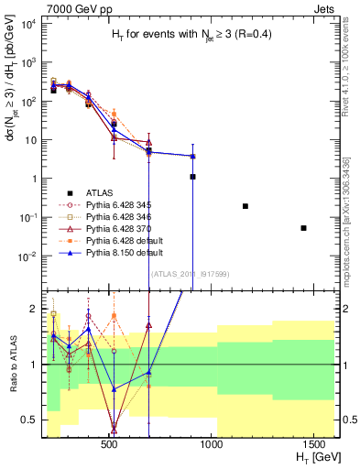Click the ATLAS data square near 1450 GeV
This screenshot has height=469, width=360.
click(303, 228)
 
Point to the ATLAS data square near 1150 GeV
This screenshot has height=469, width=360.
click(245, 206)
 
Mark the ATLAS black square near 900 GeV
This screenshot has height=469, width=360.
click(192, 177)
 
